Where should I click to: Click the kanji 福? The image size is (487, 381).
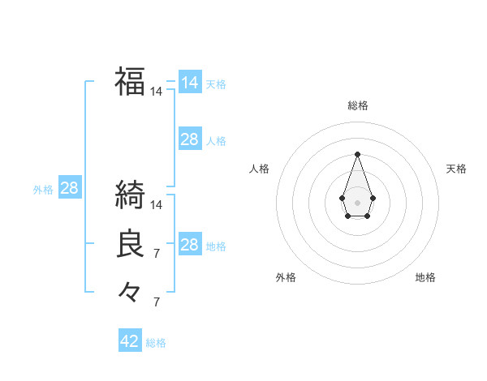pos(130,81)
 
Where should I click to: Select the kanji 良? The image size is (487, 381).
pos(130,244)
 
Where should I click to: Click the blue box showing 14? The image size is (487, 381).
pos(189,83)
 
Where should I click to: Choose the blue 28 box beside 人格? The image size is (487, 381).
pos(189,139)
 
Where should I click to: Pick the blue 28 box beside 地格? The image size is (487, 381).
pos(189,245)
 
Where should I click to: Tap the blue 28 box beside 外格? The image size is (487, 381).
pos(69,189)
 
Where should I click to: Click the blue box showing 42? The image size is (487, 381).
pos(130,341)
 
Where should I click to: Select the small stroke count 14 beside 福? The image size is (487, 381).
pos(157,92)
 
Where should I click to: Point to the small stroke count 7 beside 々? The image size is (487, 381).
pos(157,302)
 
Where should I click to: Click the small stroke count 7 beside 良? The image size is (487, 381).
pos(157,255)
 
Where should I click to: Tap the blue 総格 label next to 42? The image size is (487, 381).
pos(156,343)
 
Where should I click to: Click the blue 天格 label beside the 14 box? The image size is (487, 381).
pos(216,84)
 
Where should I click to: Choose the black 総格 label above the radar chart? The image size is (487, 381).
pos(357,105)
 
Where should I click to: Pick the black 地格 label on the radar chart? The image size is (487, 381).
pos(425,277)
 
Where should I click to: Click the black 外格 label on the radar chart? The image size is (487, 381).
pos(286,277)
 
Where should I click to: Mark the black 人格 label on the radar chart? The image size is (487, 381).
pos(259,169)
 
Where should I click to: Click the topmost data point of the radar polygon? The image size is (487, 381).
pos(357,154)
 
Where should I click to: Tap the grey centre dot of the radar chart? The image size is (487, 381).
pos(357,202)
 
